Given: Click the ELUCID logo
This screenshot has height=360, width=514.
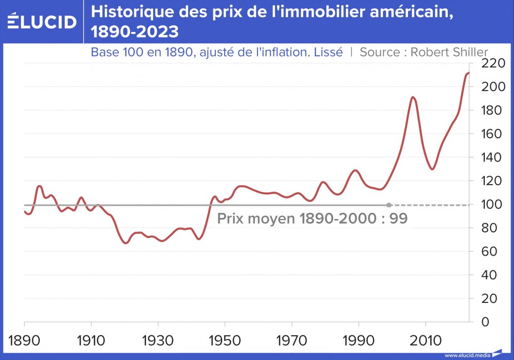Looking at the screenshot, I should tap(42, 22).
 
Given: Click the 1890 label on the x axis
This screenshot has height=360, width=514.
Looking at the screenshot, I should tap(24, 340).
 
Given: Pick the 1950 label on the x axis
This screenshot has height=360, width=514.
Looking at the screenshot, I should tap(225, 340).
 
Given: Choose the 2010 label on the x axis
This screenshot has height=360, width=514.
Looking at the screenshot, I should tap(425, 340).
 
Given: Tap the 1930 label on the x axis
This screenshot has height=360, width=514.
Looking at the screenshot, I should tap(158, 340).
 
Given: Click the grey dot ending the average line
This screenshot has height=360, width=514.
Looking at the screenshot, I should tap(389, 205).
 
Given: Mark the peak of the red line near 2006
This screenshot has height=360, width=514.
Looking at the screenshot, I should tap(413, 97).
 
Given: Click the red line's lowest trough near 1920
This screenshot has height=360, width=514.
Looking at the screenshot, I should tap(125, 243).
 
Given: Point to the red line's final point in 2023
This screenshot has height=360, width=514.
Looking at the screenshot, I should tap(468, 73).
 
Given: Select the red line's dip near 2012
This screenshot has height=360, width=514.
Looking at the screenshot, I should tap(432, 169).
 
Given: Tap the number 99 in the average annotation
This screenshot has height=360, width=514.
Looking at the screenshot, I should tap(398, 219).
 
